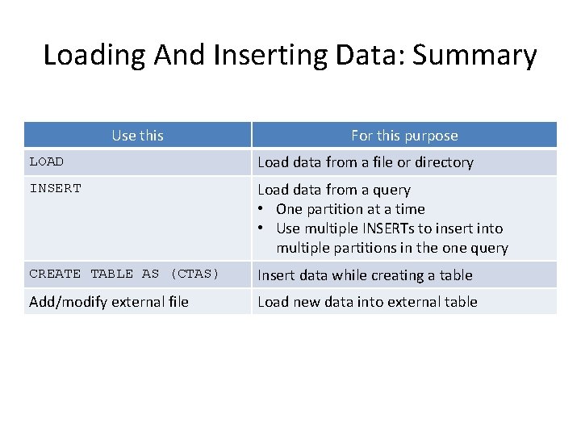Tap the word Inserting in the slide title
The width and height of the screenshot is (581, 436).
[264, 56]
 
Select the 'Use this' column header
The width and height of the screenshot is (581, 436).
[137, 136]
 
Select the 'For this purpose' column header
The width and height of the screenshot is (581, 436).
[404, 136]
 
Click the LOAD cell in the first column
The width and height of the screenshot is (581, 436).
[47, 162]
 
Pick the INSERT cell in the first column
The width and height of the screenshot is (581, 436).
[56, 189]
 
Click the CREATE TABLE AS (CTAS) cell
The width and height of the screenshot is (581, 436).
[124, 275]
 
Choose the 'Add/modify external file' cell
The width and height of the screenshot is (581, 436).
[109, 302]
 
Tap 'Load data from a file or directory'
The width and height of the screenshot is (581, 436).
[366, 162]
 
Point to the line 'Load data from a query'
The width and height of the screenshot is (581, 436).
[334, 190]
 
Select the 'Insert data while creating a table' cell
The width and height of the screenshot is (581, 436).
[365, 275]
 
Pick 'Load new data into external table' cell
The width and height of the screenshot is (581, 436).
[367, 302]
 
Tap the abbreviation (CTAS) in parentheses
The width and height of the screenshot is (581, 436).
[194, 275]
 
